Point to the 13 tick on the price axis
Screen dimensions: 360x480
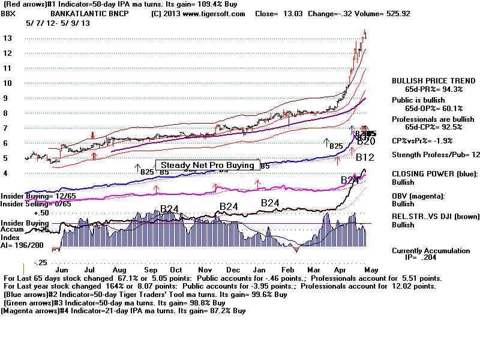point(8,38)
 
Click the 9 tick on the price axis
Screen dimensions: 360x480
point(8,98)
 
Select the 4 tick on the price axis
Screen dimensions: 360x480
point(8,173)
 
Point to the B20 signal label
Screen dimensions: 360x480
point(366,142)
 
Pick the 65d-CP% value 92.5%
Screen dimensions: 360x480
point(448,127)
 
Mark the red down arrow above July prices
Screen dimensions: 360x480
point(92,135)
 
